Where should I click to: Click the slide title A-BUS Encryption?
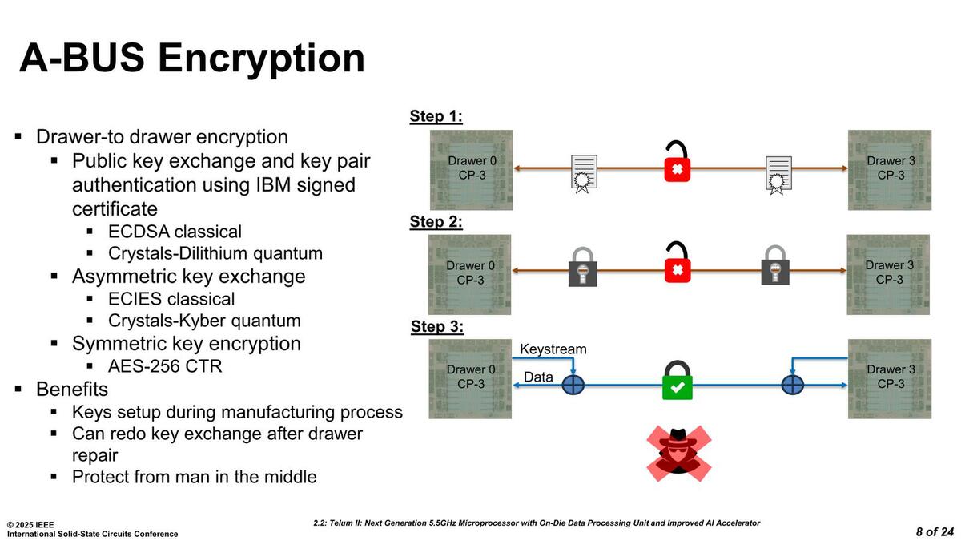pyautogui.click(x=192, y=59)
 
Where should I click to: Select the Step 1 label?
pyautogui.click(x=436, y=117)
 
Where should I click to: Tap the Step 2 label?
pyautogui.click(x=436, y=222)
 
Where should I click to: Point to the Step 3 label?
pyautogui.click(x=437, y=327)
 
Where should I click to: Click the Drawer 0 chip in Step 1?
pyautogui.click(x=471, y=168)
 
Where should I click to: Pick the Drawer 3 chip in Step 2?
pyautogui.click(x=889, y=273)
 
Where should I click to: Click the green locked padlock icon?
pyautogui.click(x=677, y=380)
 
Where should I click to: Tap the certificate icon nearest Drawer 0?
pyautogui.click(x=584, y=175)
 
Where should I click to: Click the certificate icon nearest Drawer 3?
pyautogui.click(x=778, y=175)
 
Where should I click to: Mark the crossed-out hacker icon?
pyautogui.click(x=679, y=453)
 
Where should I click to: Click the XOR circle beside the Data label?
pyautogui.click(x=573, y=386)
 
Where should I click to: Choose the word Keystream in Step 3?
pyautogui.click(x=553, y=349)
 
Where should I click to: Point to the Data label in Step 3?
pyautogui.click(x=538, y=377)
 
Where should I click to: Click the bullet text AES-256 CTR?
pyautogui.click(x=164, y=366)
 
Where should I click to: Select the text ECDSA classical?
pyautogui.click(x=175, y=232)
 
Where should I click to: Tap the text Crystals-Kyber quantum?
pyautogui.click(x=204, y=321)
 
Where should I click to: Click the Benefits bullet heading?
pyautogui.click(x=72, y=390)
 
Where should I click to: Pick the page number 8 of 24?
pyautogui.click(x=935, y=531)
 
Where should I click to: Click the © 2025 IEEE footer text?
pyautogui.click(x=30, y=524)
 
